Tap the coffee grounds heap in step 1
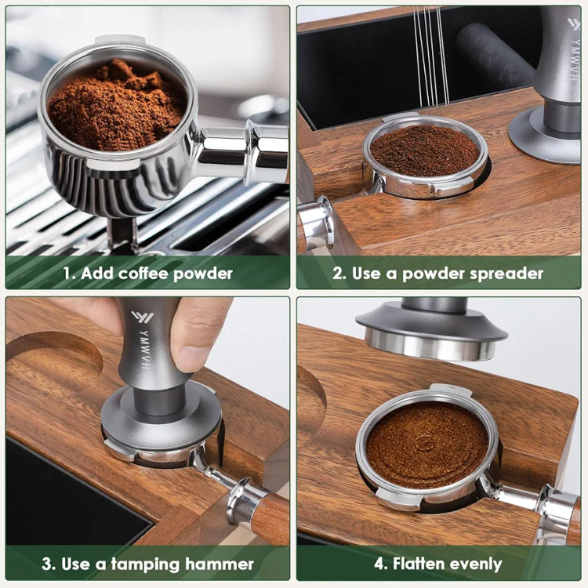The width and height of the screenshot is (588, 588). pos(117,107)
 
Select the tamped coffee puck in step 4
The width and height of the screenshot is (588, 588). pos(426,445)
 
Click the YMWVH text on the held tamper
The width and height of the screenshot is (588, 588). pos(145,349)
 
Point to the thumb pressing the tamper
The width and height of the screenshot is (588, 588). pos(191,337)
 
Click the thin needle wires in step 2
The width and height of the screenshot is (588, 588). pos(431,56)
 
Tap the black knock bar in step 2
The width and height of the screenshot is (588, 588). pos(494,54)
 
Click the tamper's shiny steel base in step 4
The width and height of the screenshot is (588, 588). pos(430,344)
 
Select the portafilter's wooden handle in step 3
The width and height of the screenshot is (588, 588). pos(269,518)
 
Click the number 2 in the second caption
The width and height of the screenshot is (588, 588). pos(339,274)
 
